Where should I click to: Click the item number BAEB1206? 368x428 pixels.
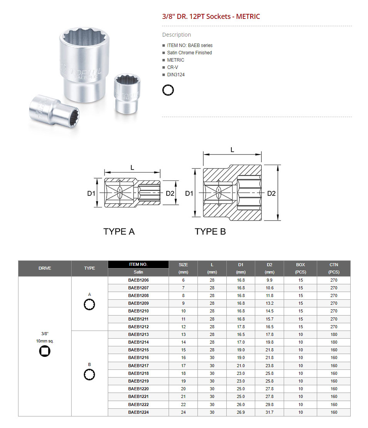point(138,280)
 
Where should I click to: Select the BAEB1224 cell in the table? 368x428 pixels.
point(138,412)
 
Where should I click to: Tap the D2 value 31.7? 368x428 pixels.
point(269,412)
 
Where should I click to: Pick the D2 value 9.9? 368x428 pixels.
point(269,280)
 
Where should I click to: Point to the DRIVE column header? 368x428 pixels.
point(45,268)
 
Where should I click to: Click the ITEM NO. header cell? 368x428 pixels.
point(138,265)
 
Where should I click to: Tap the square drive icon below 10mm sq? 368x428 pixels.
point(45,351)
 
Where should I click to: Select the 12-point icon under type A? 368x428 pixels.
point(89,305)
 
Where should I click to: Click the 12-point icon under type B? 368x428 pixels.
point(89,374)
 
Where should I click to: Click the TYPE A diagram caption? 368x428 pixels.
point(119,232)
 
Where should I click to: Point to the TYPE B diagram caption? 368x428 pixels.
point(210,232)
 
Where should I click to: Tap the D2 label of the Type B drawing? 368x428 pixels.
point(272,193)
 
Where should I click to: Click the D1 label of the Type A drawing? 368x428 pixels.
point(91,193)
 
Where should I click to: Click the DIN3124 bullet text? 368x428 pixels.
point(176,75)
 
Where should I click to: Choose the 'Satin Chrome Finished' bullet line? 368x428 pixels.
point(189,53)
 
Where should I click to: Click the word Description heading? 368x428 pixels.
point(176,35)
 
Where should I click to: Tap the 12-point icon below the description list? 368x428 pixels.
point(168,90)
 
